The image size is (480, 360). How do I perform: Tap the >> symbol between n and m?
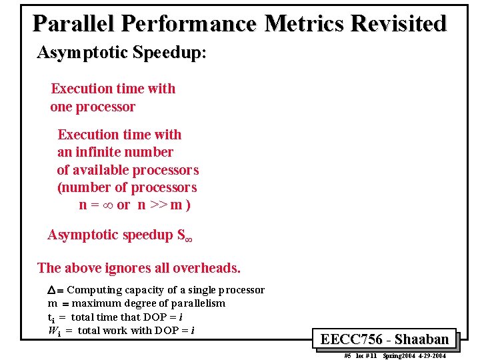point(158,205)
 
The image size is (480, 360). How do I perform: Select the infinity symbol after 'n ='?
point(107,205)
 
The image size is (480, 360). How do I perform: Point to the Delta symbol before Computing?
point(53,291)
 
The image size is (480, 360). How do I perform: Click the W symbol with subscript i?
point(52,331)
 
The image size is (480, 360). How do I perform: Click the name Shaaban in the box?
point(421,339)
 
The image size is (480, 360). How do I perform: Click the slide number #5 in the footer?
point(347,356)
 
